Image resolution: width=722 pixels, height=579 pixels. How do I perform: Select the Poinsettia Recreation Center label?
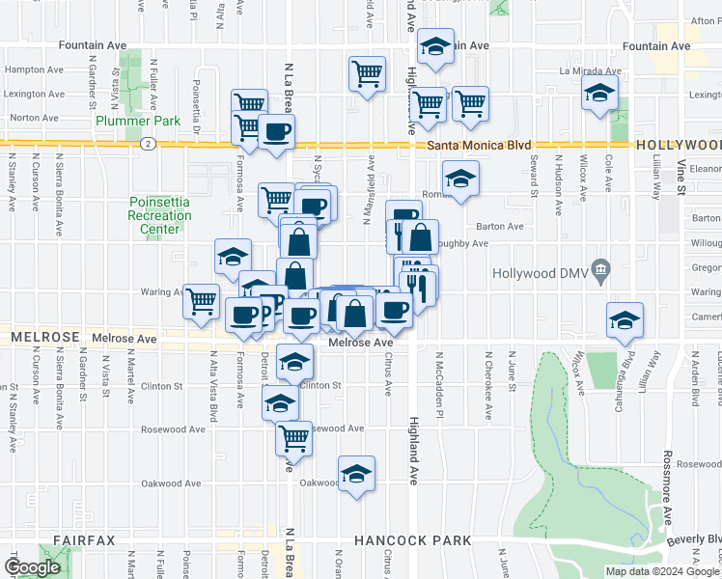159,215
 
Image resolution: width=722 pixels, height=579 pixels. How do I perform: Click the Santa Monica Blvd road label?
479,145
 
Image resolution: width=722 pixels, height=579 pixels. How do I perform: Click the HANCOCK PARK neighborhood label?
412,540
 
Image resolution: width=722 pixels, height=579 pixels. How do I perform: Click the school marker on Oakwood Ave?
356,474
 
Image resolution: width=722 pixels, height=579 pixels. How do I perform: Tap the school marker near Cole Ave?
600,94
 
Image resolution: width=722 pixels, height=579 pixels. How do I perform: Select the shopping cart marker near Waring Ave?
201,300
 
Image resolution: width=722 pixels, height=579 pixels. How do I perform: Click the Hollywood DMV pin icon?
601,267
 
